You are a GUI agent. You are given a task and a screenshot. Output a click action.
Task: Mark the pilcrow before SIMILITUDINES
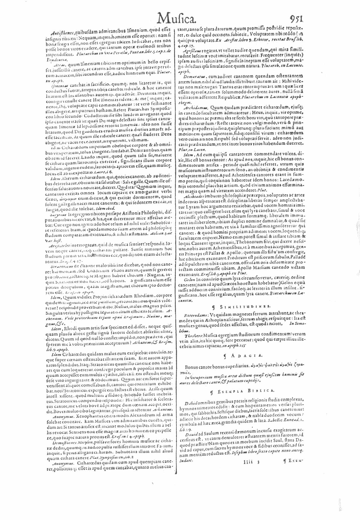pyautogui.click(x=216, y=306)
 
